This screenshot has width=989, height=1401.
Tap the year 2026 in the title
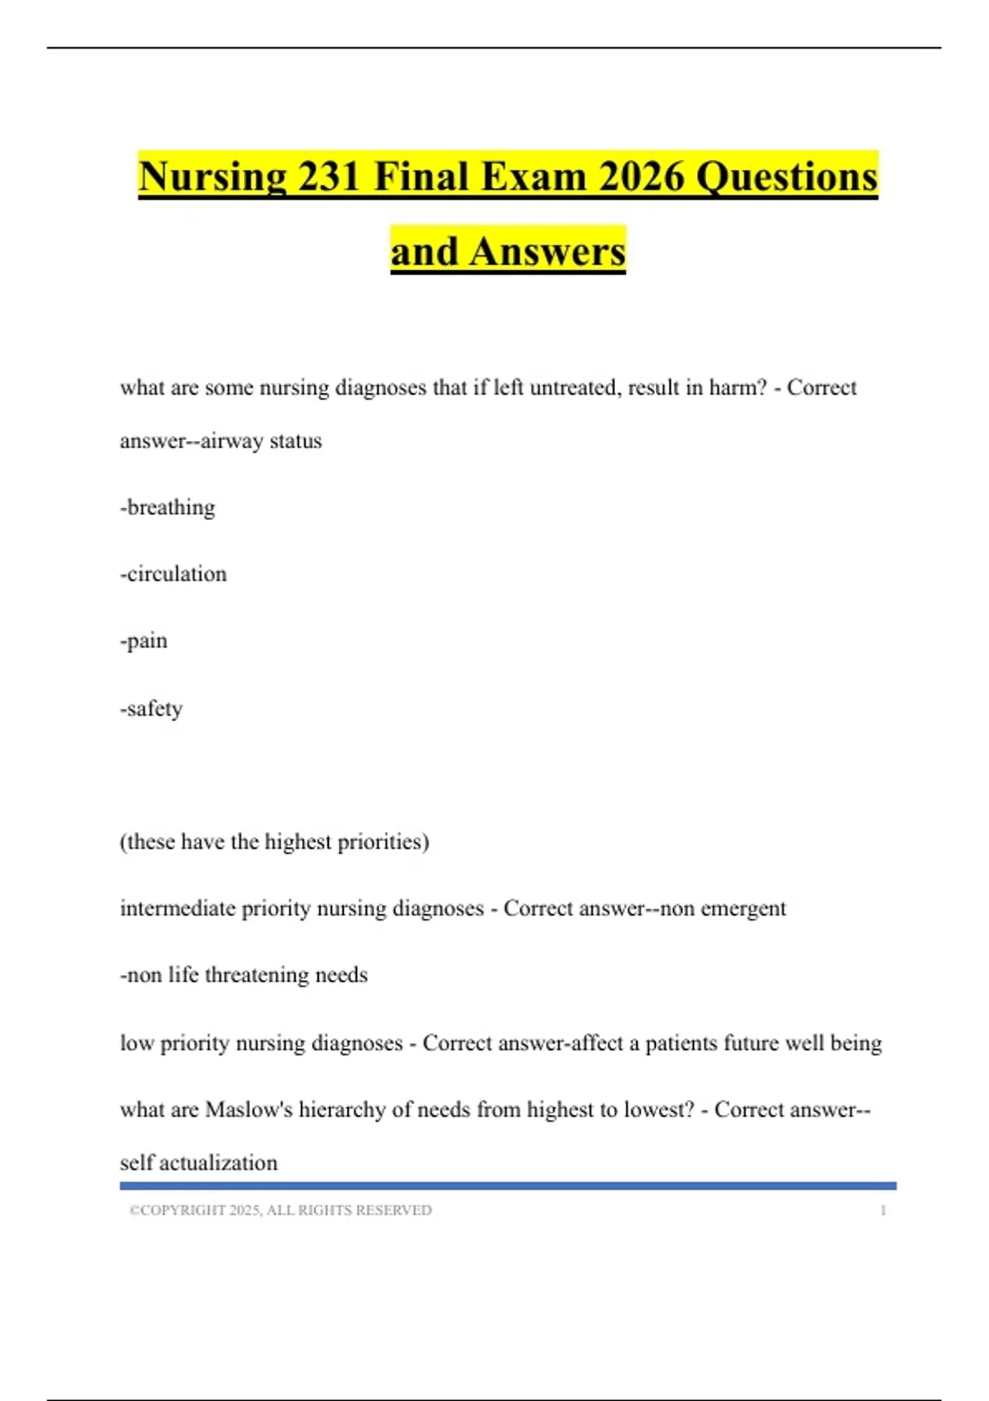point(641,177)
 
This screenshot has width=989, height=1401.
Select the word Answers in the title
point(547,251)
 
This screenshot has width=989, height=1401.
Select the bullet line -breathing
point(167,508)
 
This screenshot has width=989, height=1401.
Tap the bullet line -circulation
point(173,574)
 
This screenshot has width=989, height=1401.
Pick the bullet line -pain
point(143,641)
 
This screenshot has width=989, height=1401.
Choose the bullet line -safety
point(151,709)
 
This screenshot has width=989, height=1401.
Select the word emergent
point(743,909)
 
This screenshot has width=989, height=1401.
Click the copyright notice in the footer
point(280,1211)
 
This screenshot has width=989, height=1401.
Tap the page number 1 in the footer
point(884,1211)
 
